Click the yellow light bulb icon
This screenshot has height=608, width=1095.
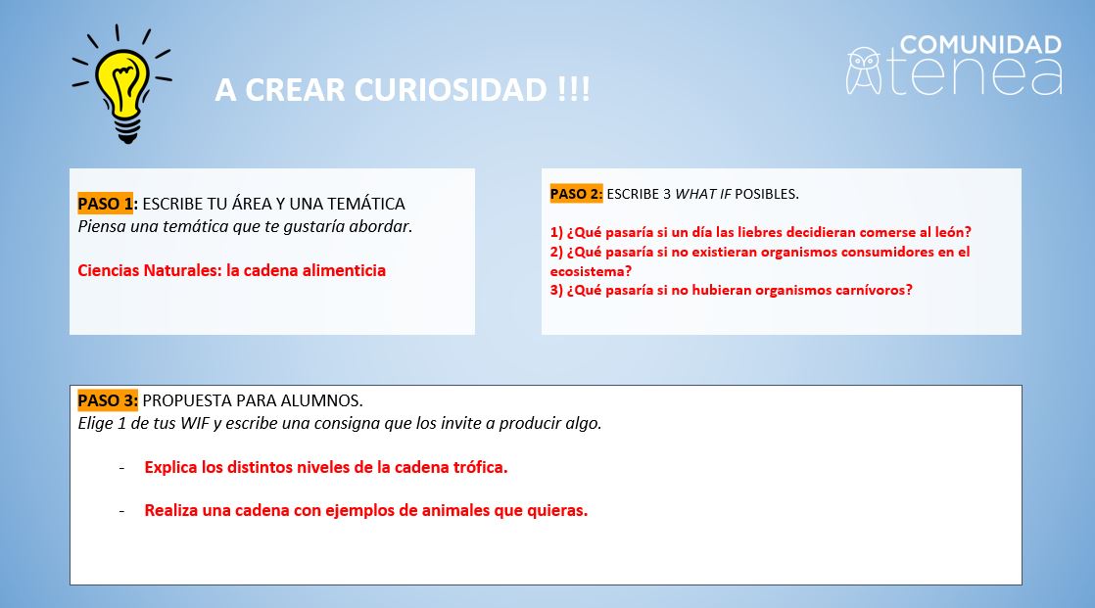122,84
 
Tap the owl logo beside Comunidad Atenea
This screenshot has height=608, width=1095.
864,70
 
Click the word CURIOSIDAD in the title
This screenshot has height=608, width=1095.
451,89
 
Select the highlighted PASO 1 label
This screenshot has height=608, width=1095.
105,204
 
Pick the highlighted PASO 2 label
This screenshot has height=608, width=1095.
576,194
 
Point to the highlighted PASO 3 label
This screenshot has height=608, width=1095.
108,400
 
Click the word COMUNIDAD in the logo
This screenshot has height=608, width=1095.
980,45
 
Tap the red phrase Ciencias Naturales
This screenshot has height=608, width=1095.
149,270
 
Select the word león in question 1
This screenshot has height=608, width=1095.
952,232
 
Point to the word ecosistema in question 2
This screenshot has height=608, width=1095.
590,271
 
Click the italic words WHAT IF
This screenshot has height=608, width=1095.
702,194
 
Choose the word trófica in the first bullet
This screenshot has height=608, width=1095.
481,467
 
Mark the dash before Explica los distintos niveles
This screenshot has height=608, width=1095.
122,468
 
